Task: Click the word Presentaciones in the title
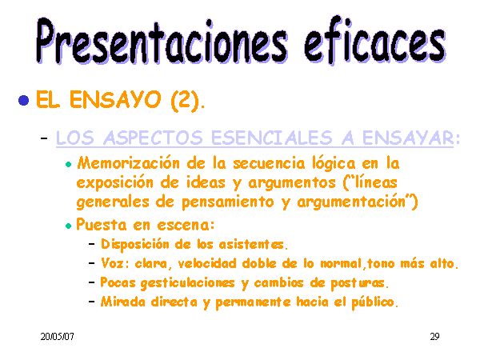point(162,41)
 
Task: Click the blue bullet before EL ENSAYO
point(23,100)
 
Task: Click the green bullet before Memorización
point(68,164)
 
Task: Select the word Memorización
point(129,163)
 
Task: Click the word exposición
point(114,183)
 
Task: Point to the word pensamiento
point(228,202)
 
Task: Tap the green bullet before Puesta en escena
point(68,226)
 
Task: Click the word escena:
point(186,226)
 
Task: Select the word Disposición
point(135,245)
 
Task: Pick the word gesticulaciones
point(188,283)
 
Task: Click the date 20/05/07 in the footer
point(58,337)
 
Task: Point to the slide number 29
point(434,337)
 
